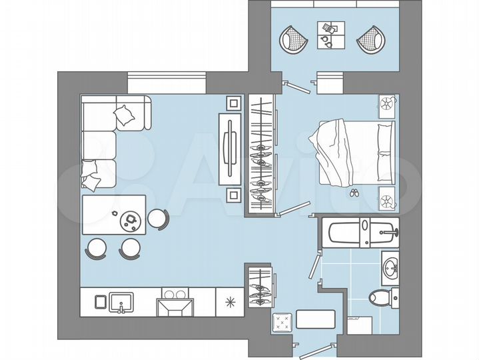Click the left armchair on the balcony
(294, 39)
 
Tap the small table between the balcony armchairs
(331, 35)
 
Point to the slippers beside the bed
(353, 193)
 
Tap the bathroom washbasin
(390, 268)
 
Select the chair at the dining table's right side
(158, 218)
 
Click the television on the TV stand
(230, 148)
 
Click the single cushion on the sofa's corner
(125, 117)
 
